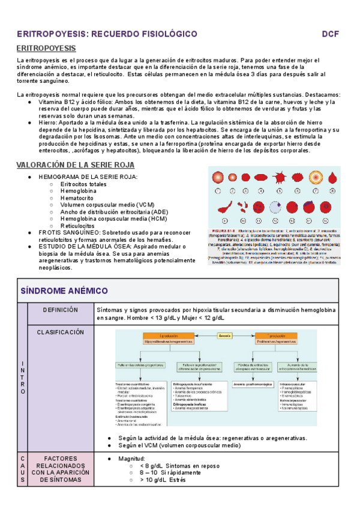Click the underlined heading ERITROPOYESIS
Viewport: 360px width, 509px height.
point(46,48)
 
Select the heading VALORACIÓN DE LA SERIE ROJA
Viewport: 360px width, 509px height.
point(76,165)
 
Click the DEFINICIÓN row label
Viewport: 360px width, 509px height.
point(61,310)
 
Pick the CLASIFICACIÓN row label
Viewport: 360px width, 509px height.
point(60,332)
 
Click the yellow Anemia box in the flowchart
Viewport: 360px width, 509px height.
point(226,335)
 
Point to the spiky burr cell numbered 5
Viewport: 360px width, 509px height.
point(280,178)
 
